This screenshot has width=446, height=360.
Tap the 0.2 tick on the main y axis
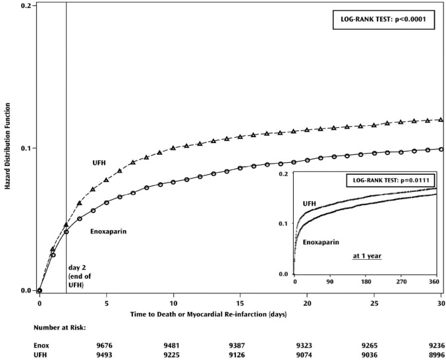(26, 5)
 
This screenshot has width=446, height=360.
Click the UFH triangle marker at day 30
(441, 119)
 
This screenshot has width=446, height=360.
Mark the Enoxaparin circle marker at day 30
(441, 149)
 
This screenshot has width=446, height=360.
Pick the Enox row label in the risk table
(41, 344)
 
